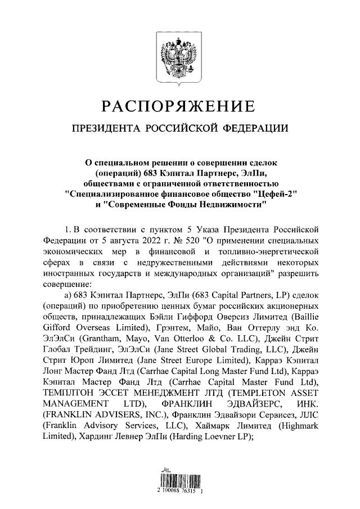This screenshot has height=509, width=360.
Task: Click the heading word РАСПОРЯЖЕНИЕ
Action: (x=179, y=106)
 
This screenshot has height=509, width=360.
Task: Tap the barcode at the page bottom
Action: (x=179, y=479)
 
